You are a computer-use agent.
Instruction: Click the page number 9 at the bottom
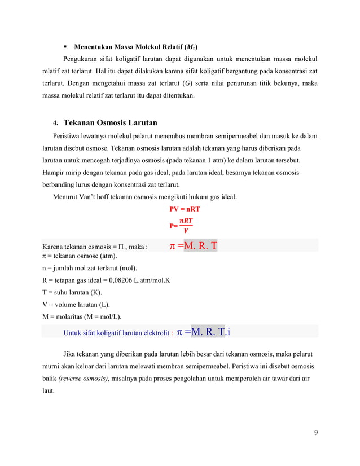[315, 433]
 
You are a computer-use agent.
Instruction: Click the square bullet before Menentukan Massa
[65, 46]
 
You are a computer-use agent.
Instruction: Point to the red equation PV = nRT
[185, 209]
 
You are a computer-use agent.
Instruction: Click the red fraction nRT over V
[184, 225]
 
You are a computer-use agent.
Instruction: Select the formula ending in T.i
[205, 332]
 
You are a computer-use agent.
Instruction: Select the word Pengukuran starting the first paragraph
[84, 59]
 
